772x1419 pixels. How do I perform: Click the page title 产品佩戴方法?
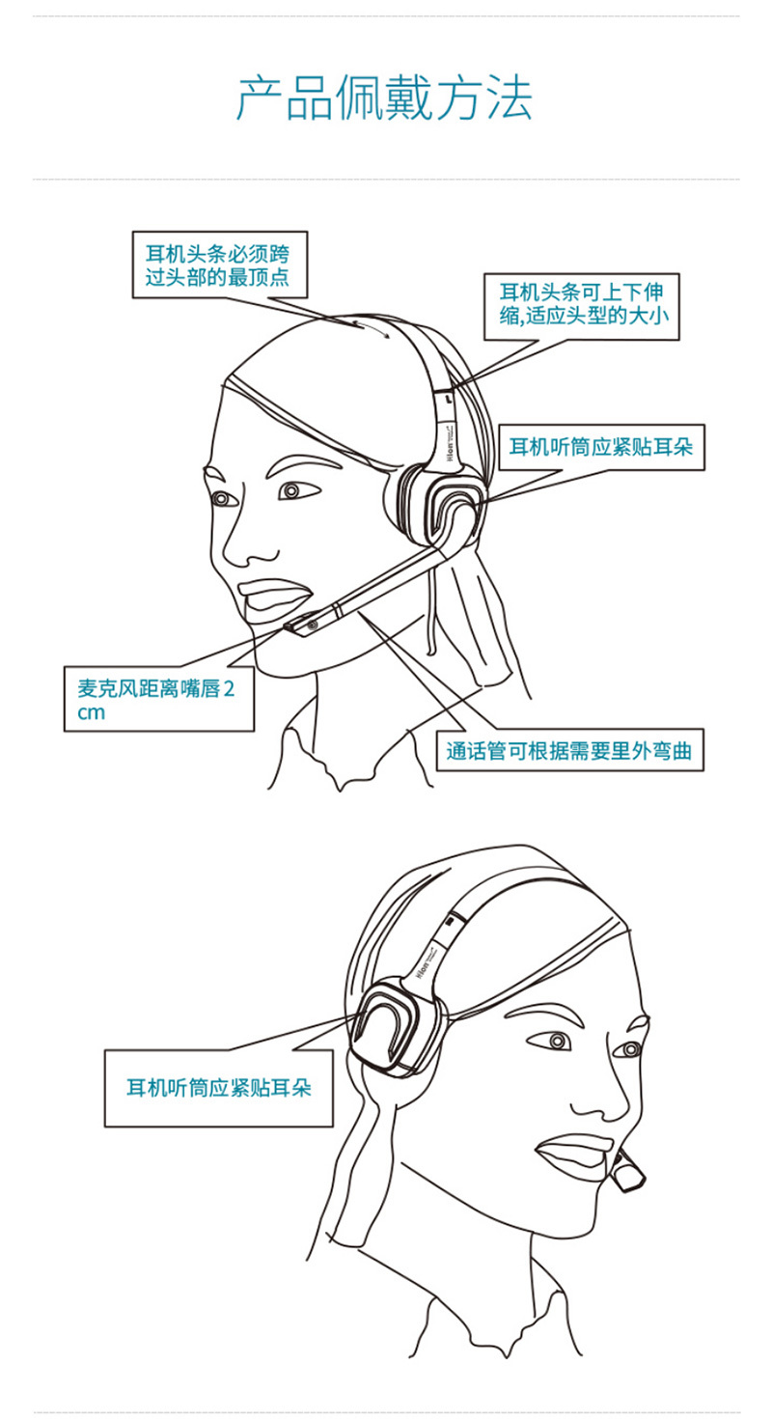click(384, 98)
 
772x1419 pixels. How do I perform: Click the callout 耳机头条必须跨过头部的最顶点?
click(220, 264)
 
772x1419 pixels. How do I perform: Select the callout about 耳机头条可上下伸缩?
click(581, 307)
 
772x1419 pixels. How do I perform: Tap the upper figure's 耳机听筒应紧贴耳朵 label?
click(601, 447)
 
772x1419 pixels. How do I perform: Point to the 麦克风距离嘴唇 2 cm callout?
click(159, 698)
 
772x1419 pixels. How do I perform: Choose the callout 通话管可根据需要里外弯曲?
click(569, 750)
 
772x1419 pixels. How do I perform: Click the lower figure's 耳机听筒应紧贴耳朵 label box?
click(218, 1088)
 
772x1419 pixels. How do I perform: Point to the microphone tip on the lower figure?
click(627, 1173)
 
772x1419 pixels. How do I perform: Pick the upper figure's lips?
click(272, 595)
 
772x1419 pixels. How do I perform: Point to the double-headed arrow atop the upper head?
click(372, 330)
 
